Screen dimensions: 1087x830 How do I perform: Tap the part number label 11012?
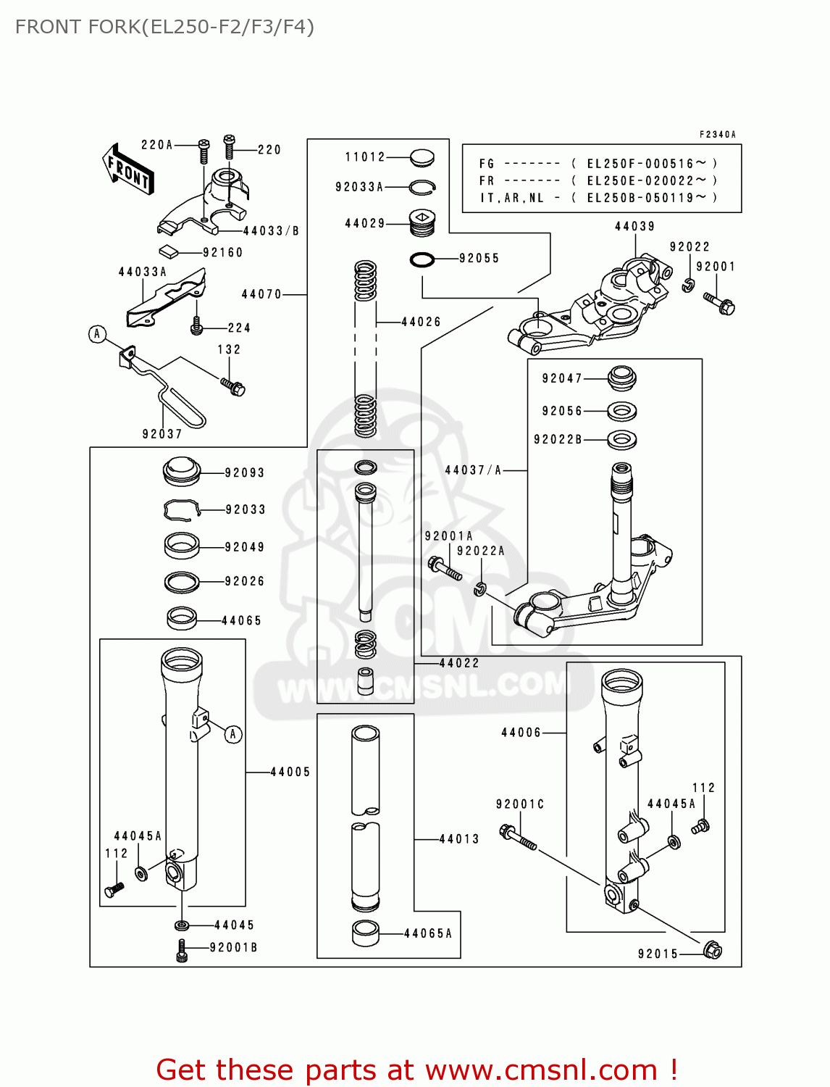click(x=365, y=157)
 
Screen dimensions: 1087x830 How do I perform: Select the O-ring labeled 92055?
click(x=422, y=259)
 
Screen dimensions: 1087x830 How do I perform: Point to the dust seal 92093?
click(x=181, y=471)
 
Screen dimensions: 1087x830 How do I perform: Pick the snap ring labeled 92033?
click(x=181, y=510)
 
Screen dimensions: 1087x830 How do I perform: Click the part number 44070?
click(x=261, y=294)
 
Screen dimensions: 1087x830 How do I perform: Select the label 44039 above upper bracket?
click(x=634, y=226)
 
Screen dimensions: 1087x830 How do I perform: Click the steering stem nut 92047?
click(x=621, y=378)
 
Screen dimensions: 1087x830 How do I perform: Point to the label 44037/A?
click(x=473, y=470)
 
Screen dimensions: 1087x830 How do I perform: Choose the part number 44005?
click(x=290, y=772)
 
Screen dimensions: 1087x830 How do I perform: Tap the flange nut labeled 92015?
click(x=712, y=949)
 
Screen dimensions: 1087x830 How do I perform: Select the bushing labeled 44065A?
click(x=366, y=933)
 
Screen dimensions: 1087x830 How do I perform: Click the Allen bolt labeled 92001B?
click(x=182, y=950)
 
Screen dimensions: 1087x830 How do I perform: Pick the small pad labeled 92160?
click(x=169, y=252)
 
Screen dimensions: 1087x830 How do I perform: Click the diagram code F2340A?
click(x=717, y=135)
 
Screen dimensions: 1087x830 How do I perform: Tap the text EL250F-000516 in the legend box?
click(x=640, y=164)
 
